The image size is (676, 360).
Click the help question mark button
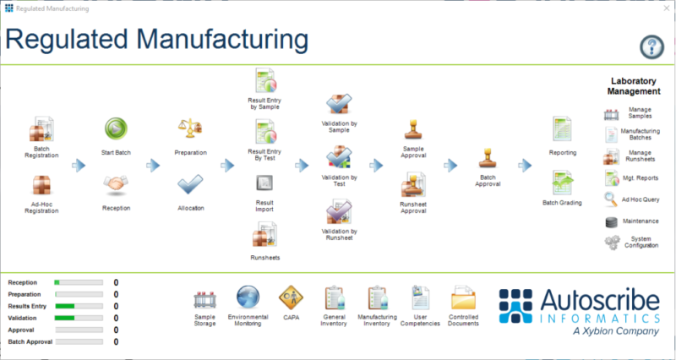[651, 46]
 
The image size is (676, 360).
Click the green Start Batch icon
[116, 128]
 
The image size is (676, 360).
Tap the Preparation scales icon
[190, 128]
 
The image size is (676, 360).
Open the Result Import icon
[264, 183]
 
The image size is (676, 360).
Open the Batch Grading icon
[562, 183]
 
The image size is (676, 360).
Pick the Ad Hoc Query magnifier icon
[612, 199]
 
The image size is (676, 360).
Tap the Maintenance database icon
[612, 221]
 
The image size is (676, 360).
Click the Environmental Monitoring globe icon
[248, 297]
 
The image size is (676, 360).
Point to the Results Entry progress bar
[78, 306]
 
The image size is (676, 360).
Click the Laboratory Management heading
[635, 86]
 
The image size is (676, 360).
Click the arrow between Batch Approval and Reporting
[525, 166]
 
